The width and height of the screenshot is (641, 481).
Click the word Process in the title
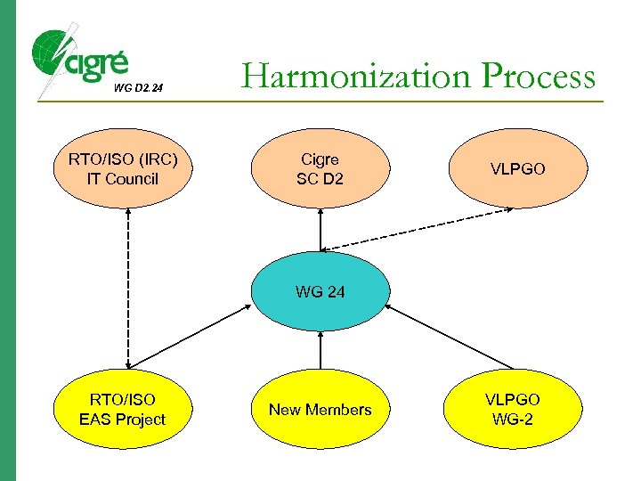pos(538,77)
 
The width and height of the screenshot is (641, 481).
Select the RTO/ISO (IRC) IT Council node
pos(123,169)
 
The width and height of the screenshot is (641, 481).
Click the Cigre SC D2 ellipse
pos(320,169)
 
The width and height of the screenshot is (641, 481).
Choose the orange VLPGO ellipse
pos(517,169)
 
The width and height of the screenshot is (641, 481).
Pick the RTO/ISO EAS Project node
pos(123,410)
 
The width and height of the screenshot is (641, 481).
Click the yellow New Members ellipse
pos(320,410)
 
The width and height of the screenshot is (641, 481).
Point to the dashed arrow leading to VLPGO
pos(418,229)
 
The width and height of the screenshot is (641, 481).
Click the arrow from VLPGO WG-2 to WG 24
pos(450,338)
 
